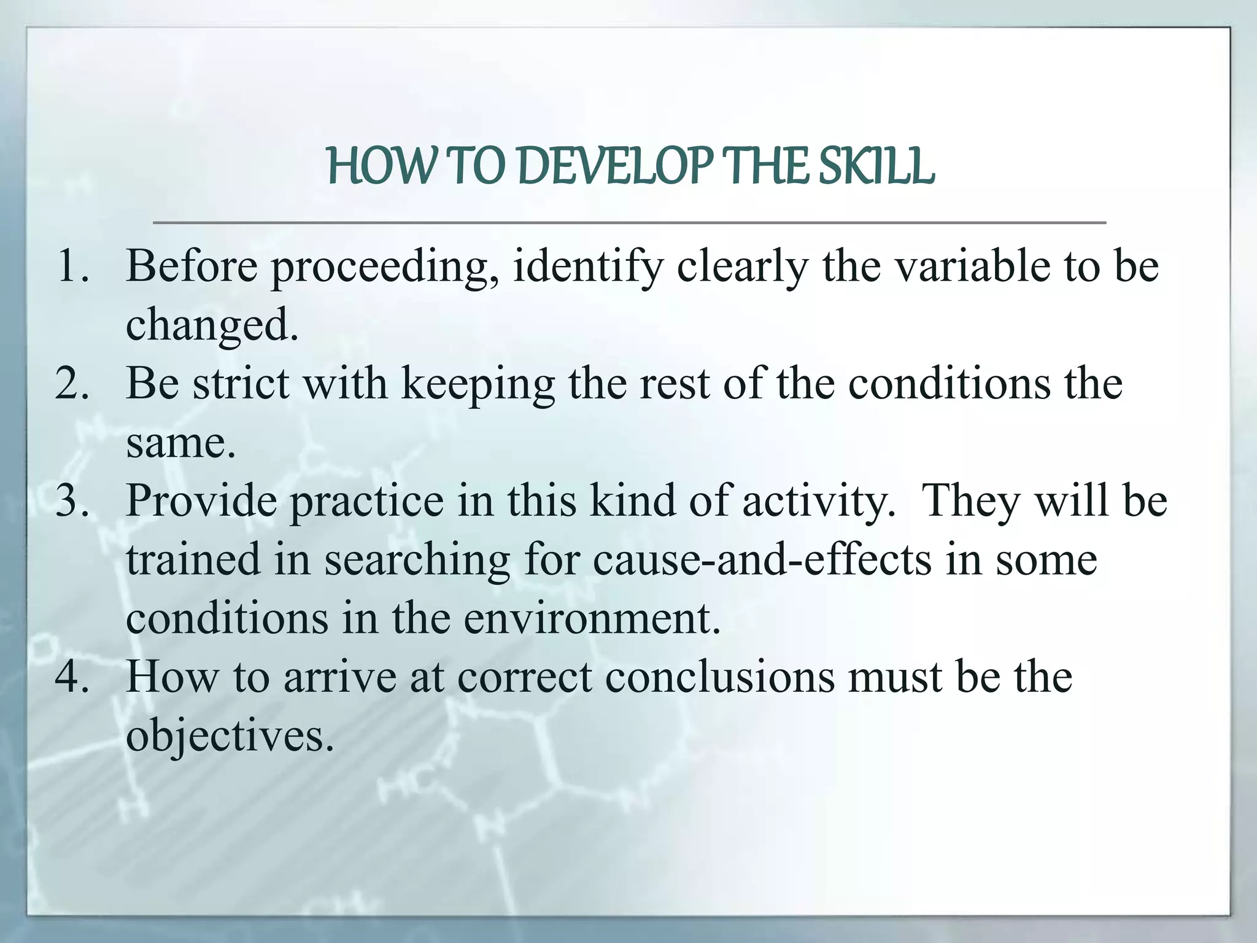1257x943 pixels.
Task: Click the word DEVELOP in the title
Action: [616, 167]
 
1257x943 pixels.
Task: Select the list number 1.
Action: [72, 266]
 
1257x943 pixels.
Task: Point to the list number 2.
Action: [72, 384]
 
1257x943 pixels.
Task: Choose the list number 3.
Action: [72, 501]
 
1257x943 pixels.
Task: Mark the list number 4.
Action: [72, 677]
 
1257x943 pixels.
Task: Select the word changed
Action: [212, 326]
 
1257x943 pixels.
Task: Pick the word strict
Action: [241, 384]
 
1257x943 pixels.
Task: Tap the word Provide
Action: [201, 501]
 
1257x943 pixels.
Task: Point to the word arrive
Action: [340, 678]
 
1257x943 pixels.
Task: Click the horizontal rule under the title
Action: [629, 222]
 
